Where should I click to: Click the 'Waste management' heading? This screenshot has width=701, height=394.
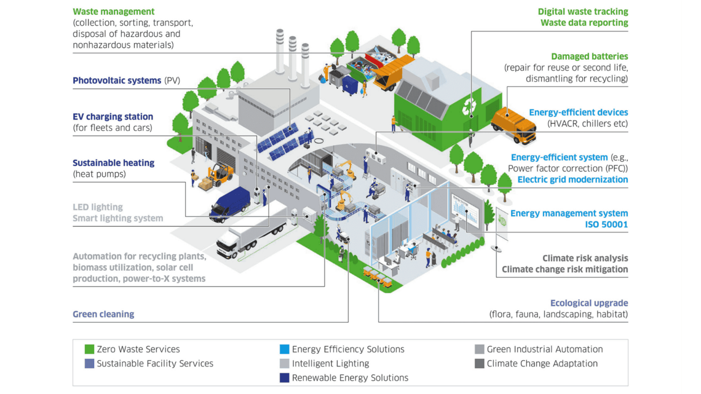click(x=114, y=12)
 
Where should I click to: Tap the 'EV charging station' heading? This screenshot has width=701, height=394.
click(x=113, y=117)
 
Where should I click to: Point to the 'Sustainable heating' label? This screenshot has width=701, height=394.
click(x=113, y=163)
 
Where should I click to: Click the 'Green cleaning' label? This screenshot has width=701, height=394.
click(x=103, y=314)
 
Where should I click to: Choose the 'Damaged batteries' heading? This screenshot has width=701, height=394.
click(x=589, y=57)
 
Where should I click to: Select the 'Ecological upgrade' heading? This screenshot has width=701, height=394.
click(x=588, y=303)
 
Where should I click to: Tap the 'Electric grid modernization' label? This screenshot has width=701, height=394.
click(x=572, y=179)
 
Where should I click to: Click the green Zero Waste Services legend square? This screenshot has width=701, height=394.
click(x=90, y=349)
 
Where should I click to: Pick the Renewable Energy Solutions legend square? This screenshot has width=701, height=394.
click(x=284, y=377)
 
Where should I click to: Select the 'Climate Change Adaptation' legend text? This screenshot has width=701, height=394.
click(x=542, y=363)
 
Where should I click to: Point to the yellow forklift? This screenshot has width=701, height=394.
click(x=218, y=175)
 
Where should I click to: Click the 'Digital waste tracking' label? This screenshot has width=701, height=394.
click(x=582, y=12)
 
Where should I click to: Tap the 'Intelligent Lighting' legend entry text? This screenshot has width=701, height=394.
click(x=330, y=363)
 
